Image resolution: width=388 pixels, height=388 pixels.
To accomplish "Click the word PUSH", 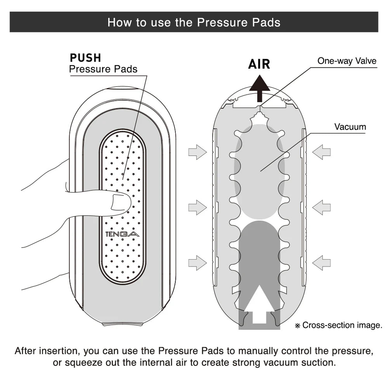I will [85, 58].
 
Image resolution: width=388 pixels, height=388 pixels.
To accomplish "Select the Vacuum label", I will [350, 127].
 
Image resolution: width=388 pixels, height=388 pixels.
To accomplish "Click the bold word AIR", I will [259, 64].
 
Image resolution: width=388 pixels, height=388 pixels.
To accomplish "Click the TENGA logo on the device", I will [122, 234].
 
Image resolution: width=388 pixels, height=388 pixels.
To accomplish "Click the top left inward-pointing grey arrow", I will [197, 152].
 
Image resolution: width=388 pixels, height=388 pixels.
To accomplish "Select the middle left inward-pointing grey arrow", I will [197, 207].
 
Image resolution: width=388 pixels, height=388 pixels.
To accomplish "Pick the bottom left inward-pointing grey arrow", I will [197, 263].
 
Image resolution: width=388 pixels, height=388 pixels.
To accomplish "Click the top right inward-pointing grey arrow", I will [322, 152].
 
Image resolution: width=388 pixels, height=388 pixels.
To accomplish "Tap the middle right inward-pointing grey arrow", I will [322, 207].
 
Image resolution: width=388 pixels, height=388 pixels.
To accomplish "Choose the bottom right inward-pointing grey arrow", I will [322, 263].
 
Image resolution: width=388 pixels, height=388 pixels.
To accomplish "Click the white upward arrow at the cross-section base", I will [259, 303].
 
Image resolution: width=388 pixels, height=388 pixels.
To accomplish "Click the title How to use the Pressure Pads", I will [194, 22].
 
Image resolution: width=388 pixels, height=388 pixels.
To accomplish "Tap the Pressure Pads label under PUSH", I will [103, 69].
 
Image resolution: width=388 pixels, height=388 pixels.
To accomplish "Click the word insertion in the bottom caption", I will [59, 352].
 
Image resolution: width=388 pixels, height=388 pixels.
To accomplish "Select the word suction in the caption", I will [313, 363].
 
